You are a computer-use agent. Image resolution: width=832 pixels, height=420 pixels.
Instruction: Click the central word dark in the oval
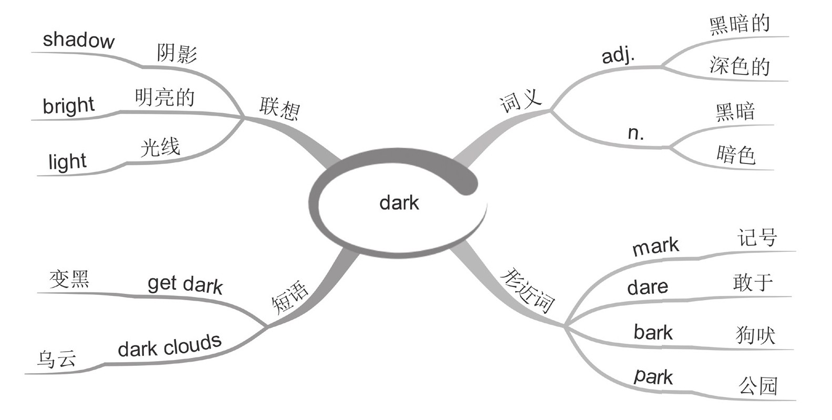tap(399, 202)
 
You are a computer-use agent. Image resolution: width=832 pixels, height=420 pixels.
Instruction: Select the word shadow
tap(78, 40)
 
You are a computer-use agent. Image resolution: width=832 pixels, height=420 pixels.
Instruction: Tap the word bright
tap(68, 106)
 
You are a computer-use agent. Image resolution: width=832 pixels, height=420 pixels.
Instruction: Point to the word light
tap(67, 161)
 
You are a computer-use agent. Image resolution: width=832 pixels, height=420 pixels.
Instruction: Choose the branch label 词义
tap(521, 100)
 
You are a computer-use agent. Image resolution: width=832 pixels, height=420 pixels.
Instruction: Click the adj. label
tap(618, 55)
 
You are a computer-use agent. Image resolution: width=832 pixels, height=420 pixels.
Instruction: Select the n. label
tap(636, 133)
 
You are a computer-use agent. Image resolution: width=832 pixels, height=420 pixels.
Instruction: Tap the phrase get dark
tap(185, 284)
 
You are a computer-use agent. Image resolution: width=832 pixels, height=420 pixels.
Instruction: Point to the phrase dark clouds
tap(169, 345)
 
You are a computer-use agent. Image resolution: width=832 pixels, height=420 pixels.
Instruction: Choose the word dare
tap(648, 287)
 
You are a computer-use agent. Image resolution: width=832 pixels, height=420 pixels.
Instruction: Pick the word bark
tap(653, 332)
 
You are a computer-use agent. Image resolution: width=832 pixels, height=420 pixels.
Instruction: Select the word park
tap(653, 376)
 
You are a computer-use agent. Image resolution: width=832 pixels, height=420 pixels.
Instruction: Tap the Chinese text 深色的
tap(739, 66)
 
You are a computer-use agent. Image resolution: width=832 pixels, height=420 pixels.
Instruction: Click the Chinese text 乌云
tap(57, 360)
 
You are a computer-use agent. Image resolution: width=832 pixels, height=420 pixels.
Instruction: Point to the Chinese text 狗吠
tap(755, 335)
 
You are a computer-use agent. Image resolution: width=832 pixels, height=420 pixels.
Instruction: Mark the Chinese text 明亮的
tap(164, 98)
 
